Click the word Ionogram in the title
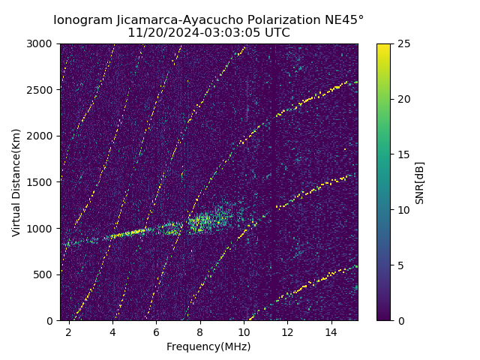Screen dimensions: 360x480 point(82,20)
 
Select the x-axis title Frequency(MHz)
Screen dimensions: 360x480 point(208,346)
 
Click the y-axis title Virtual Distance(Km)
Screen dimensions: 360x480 point(16,182)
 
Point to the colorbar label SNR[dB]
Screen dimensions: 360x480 point(420,182)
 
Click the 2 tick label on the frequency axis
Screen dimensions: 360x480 point(69,331)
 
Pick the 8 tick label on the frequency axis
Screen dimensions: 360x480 point(200,331)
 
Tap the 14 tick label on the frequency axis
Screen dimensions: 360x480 point(331,331)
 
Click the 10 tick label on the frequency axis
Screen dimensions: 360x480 point(244,331)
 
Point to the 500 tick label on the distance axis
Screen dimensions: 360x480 point(45,274)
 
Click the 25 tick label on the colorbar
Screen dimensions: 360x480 point(402,43)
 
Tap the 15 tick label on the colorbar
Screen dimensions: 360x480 point(402,154)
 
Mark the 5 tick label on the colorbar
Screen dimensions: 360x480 point(399,265)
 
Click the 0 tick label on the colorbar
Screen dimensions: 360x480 point(399,321)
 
